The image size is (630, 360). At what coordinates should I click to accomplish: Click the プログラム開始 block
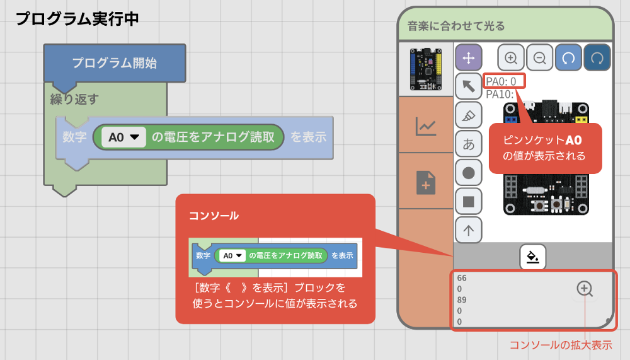(114, 63)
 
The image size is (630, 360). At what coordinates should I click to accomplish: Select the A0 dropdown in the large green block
(123, 137)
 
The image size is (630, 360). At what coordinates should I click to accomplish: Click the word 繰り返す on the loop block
(74, 99)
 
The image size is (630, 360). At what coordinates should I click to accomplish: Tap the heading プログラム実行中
(77, 18)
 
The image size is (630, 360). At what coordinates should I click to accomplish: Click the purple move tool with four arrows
(468, 58)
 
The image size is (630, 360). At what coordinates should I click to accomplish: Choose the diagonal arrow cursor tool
(468, 86)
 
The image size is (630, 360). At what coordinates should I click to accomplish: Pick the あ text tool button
(468, 144)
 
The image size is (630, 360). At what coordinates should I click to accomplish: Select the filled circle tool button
(468, 173)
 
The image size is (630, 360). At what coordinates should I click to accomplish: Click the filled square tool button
(468, 202)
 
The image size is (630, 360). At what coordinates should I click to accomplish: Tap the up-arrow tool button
(468, 230)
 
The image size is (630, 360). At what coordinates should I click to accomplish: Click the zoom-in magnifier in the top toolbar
(511, 58)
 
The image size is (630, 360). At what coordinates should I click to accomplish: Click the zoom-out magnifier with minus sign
(540, 58)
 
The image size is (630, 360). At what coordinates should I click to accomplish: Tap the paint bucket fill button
(533, 257)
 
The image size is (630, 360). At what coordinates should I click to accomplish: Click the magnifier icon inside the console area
(585, 289)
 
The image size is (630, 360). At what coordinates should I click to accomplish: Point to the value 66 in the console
(462, 278)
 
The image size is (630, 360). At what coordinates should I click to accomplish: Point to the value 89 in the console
(462, 299)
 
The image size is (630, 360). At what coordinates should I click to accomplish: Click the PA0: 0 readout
(502, 81)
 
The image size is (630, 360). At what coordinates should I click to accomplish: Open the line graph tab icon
(426, 126)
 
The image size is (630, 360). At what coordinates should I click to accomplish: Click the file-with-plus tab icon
(426, 183)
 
